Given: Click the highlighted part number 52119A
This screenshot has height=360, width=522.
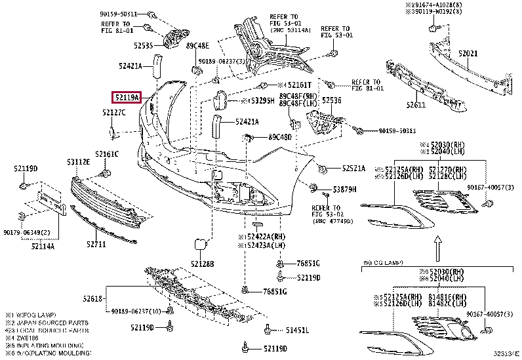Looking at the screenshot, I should pyautogui.click(x=127, y=98).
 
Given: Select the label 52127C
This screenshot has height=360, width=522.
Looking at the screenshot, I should pyautogui.click(x=113, y=113).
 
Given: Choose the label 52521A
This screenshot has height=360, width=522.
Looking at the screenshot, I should pyautogui.click(x=353, y=169).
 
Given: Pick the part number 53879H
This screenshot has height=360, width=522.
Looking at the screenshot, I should pyautogui.click(x=344, y=189).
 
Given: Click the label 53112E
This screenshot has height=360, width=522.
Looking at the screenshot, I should pyautogui.click(x=78, y=161).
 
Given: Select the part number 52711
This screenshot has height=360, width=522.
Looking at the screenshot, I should pyautogui.click(x=95, y=245).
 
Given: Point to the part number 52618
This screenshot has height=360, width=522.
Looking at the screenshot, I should pyautogui.click(x=92, y=298).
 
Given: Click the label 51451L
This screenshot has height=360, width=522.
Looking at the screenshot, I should pyautogui.click(x=296, y=329).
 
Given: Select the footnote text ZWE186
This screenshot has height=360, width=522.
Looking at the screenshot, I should pyautogui.click(x=26, y=340).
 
